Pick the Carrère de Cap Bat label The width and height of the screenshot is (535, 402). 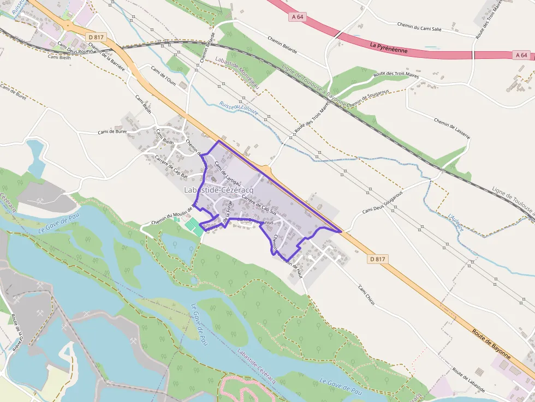pyautogui.click(x=171, y=167)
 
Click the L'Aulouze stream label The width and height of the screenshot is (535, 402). pyautogui.click(x=456, y=223)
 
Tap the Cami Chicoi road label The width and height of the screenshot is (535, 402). pyautogui.click(x=366, y=295)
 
